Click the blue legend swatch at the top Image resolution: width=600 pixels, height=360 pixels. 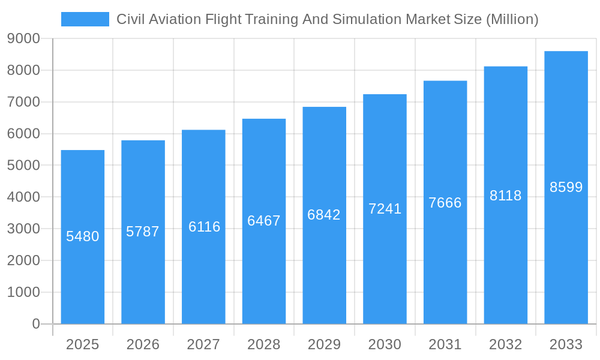pos(85,19)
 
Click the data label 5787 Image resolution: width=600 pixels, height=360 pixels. pos(143,232)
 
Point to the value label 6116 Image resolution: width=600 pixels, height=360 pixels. pos(204,227)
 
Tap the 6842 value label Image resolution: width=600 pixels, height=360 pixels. pos(324,215)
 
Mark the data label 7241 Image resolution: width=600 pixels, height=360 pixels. pos(385,209)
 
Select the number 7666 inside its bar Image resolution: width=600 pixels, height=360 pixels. pos(445,203)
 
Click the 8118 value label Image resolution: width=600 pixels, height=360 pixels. pos(505,196)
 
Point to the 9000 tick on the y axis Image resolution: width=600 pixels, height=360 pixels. pos(23,38)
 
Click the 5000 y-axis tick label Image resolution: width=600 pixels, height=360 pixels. pos(23,165)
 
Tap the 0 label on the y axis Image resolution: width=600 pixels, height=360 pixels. pos(35,324)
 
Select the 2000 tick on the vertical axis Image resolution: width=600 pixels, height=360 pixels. pos(23,260)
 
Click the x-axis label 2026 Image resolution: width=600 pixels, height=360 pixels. pos(143,344)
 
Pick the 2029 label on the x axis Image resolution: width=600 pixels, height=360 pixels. pos(324,344)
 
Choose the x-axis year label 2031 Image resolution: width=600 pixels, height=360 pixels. pos(445,344)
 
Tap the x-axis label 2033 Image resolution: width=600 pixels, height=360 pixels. pos(566,344)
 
